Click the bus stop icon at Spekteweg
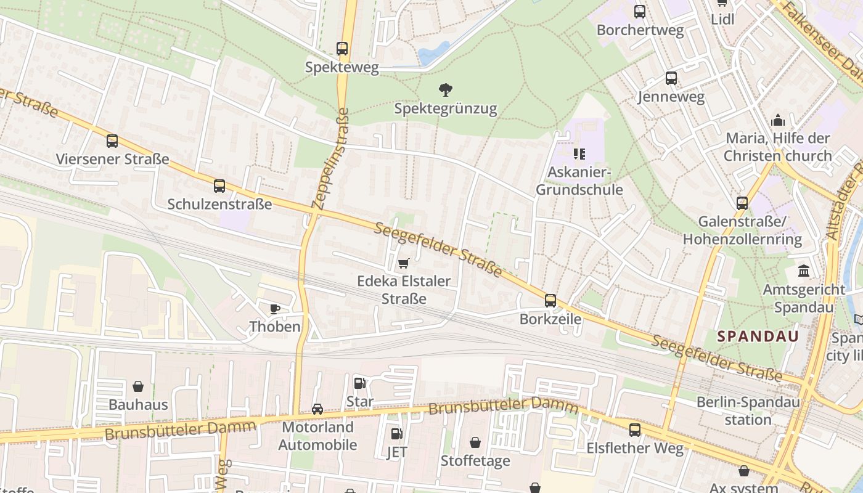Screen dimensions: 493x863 [x=342, y=48]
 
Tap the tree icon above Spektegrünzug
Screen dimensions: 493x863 [x=445, y=91]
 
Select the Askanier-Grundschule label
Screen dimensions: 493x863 [x=579, y=181]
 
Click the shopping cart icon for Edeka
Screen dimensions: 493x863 [x=404, y=264]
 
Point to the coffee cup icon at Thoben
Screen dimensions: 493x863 [x=275, y=308]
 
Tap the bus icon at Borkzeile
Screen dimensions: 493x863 [x=550, y=301]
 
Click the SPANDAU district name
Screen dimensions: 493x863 [x=758, y=336]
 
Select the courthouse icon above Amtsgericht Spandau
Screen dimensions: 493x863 [x=804, y=271]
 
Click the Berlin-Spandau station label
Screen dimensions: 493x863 [x=748, y=411]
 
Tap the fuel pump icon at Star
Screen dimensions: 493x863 [x=359, y=383]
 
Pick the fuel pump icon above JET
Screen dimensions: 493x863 [x=397, y=434]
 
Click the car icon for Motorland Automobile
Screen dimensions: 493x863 [x=317, y=409]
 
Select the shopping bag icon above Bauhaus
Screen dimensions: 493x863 [x=138, y=386]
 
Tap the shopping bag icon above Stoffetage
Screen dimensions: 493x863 [x=475, y=442]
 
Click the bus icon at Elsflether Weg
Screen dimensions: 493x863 [x=635, y=430]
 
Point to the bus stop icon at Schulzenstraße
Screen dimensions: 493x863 [x=219, y=185]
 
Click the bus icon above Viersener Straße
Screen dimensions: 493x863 [x=112, y=141]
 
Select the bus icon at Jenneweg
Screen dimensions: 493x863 [x=671, y=78]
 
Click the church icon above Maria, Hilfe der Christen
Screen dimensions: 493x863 [x=778, y=120]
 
